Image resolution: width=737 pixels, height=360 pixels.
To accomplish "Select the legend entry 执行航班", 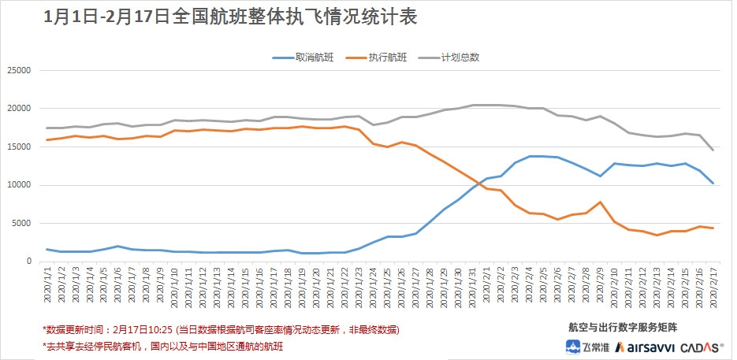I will coord(387,58).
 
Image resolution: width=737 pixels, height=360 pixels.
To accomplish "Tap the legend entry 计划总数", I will coord(460,58).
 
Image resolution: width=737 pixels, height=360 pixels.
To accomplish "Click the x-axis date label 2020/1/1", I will coord(47,288).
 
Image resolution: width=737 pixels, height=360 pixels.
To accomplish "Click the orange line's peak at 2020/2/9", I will coord(601,202).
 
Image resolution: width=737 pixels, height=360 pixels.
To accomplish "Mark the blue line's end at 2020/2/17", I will coord(713,184).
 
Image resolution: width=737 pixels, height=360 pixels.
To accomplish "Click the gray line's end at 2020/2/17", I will coord(713,150).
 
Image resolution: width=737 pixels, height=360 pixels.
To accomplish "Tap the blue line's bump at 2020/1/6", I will coord(117,247).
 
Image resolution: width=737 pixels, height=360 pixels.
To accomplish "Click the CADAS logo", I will coord(698,346).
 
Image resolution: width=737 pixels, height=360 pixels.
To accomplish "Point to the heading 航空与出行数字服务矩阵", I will coord(623,326).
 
